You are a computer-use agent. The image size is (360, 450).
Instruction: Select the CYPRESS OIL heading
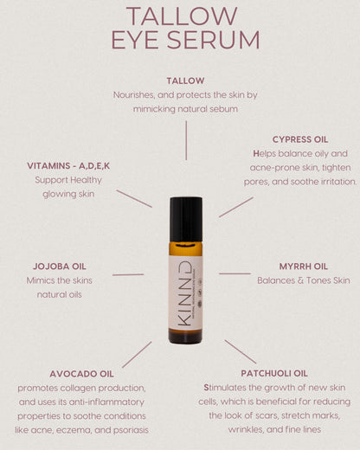299,138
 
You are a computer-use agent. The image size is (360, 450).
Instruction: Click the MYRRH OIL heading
303,266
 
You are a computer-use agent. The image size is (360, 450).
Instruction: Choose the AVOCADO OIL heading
82,373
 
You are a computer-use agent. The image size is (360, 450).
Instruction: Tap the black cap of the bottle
185,219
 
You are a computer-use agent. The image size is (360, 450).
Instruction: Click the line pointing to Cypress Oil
235,207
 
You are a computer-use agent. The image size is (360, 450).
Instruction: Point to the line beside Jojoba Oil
128,274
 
